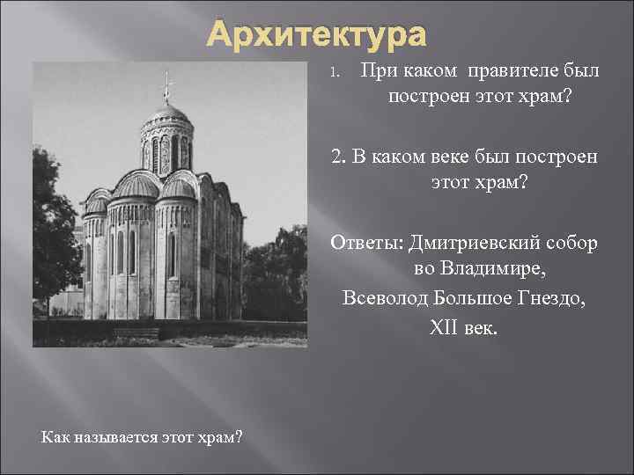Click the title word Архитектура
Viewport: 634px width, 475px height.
317,36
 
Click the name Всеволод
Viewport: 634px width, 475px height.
384,297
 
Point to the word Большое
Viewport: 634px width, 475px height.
475,297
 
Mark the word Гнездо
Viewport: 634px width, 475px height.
555,297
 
